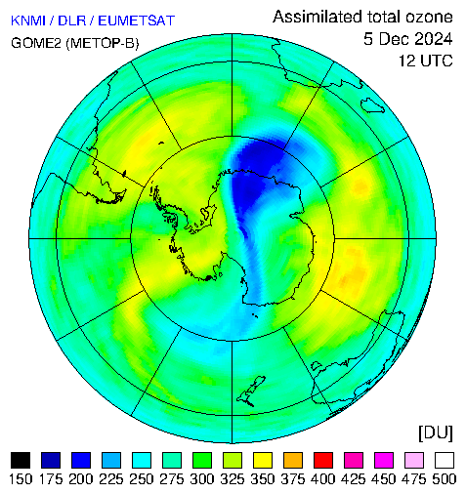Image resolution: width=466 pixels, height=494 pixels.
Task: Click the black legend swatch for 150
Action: click(21, 460)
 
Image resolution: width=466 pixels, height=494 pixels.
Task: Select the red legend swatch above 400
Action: click(323, 460)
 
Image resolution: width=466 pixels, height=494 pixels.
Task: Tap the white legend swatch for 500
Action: click(445, 460)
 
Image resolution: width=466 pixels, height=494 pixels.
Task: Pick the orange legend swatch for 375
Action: click(293, 460)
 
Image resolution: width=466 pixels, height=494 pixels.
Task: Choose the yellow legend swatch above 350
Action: click(263, 460)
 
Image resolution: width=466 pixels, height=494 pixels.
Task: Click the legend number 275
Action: click(172, 479)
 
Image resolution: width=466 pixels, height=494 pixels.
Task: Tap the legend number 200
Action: click(81, 479)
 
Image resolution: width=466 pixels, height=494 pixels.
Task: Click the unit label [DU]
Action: click(436, 432)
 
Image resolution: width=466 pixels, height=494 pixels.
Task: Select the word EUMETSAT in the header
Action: click(137, 21)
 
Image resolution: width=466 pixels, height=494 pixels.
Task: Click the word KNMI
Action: click(27, 21)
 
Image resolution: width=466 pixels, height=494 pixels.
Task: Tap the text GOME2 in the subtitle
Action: click(36, 43)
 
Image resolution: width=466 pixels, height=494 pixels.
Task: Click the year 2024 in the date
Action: click(432, 39)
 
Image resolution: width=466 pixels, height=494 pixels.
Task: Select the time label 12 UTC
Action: click(426, 61)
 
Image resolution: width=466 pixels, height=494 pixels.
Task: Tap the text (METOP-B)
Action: click(103, 43)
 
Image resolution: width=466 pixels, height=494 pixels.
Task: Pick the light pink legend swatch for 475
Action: click(414, 460)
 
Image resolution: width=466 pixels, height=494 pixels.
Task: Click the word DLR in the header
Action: click(71, 21)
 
